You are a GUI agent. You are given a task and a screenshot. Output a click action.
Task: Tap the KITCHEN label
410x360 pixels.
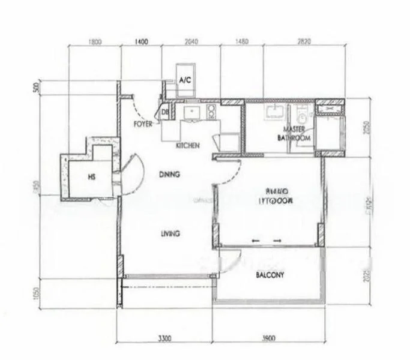[188, 146]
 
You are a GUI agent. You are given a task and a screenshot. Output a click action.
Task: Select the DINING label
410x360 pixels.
[170, 175]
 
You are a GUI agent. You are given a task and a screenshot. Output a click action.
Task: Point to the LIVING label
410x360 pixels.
[170, 233]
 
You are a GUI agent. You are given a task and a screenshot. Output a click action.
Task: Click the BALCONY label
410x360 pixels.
[270, 275]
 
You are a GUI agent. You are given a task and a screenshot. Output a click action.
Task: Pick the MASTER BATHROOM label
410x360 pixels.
[294, 133]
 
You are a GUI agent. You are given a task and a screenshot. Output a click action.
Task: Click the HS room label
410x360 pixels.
[91, 178]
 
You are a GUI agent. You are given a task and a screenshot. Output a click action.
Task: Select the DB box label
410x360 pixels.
[164, 112]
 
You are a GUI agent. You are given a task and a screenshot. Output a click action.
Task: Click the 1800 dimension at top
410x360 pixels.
[95, 42]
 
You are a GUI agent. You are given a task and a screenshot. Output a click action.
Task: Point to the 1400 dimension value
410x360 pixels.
[142, 42]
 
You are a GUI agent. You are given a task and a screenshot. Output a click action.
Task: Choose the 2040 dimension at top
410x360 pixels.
[190, 42]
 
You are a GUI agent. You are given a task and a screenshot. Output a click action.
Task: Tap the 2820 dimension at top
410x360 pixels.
[304, 42]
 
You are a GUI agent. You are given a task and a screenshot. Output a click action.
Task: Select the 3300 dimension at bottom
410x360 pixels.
[165, 338]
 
